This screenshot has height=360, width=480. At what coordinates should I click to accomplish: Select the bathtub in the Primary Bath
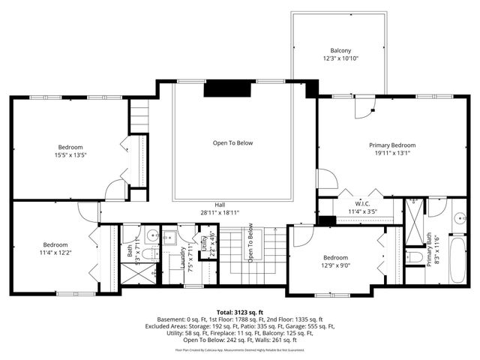[457, 259]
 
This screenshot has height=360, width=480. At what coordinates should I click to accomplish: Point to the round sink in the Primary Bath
[458, 219]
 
